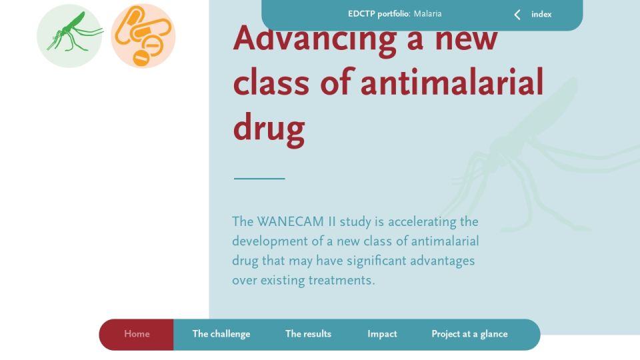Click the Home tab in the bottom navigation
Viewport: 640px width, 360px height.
pos(137,334)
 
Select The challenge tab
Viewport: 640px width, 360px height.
pos(221,334)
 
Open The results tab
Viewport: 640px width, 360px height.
pos(308,334)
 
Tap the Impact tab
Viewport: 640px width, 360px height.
pos(382,334)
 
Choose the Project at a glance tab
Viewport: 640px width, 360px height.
pos(469,334)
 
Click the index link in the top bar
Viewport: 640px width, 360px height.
pos(541,14)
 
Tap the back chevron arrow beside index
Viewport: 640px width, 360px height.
pos(517,15)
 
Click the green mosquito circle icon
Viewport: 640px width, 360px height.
pos(69,36)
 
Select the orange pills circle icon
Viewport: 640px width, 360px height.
pos(143,36)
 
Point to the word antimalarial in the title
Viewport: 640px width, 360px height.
pos(452,83)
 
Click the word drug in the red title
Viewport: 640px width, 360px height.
pos(269,128)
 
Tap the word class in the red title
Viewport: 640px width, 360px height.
pos(271,83)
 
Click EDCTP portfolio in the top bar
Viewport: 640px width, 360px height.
pos(379,14)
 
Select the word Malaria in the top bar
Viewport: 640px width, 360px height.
pos(428,14)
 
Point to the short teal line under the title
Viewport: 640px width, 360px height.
pos(259,179)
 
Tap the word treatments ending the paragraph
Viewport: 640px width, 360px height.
pos(341,281)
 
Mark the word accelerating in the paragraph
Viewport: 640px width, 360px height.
pos(422,222)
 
